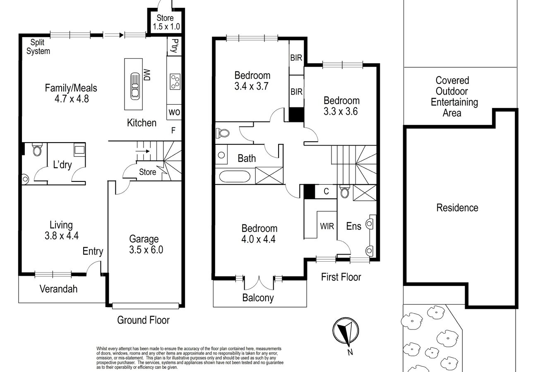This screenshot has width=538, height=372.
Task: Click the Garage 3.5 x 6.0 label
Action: [x=146, y=244]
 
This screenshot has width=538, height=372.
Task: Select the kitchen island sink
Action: [x=135, y=86]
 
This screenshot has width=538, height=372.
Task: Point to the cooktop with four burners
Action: [x=175, y=82]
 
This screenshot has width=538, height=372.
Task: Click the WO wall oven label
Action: [x=174, y=112]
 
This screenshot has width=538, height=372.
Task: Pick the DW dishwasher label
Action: [x=147, y=75]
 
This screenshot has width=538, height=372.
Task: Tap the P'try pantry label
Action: [x=175, y=45]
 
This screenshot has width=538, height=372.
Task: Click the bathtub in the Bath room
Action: [x=235, y=176]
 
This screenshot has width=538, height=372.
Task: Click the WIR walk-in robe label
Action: [x=327, y=226]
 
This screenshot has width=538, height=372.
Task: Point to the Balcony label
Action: [x=258, y=298]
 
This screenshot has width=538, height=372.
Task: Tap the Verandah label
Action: [x=58, y=289]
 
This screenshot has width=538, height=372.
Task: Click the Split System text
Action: [x=38, y=47]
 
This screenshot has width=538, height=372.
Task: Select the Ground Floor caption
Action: [x=143, y=320]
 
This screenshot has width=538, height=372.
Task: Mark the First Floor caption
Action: [x=341, y=277]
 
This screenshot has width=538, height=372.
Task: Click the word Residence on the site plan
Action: [x=457, y=208]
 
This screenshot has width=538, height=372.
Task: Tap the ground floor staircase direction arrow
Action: [x=143, y=151]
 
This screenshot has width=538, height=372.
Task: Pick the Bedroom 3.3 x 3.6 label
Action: [x=341, y=106]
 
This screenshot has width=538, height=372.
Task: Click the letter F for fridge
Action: [x=173, y=130]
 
